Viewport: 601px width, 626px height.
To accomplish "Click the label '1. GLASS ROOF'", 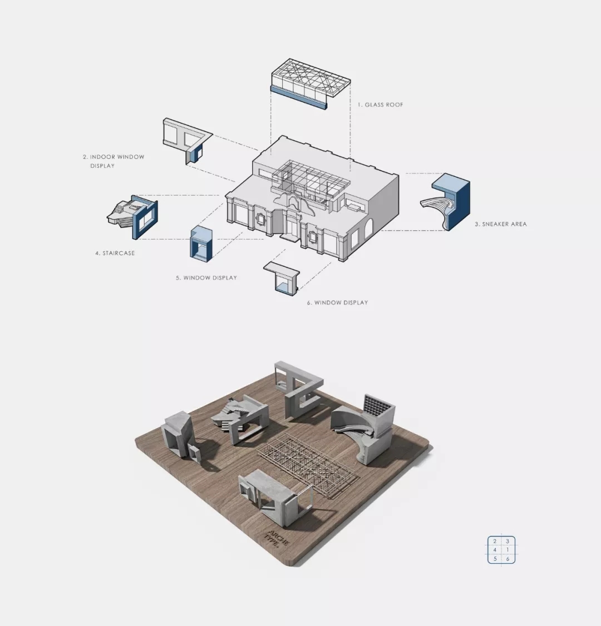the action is [x=380, y=105].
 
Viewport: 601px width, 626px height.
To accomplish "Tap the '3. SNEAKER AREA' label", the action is [x=501, y=224].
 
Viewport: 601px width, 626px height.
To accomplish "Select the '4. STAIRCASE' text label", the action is [x=115, y=253].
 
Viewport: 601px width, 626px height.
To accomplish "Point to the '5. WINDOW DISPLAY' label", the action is [x=206, y=277].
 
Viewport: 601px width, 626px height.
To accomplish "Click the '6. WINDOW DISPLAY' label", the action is [x=338, y=302].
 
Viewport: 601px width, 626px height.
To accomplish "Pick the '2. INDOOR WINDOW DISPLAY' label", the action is [x=114, y=161].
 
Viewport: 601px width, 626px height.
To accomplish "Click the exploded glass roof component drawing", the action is [x=311, y=84].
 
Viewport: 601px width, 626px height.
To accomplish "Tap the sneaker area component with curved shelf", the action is [x=446, y=202].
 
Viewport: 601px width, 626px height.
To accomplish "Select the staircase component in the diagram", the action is [x=132, y=216].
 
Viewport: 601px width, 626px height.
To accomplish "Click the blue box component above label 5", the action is [x=201, y=244].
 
